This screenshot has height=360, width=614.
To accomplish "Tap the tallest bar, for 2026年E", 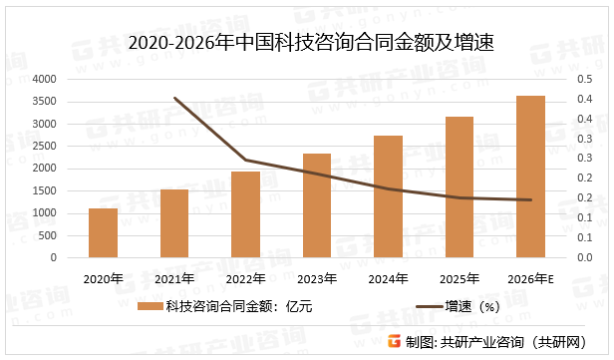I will coord(531,177).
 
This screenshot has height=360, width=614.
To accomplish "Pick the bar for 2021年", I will coord(174,223).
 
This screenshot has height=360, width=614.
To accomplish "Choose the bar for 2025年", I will coord(460,186).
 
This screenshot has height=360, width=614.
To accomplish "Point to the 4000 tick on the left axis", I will coord(43,79).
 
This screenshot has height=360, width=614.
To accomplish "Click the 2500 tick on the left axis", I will coord(43,146).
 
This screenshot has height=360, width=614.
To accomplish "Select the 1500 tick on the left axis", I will coord(43,190).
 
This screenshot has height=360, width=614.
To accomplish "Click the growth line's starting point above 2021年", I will coord(174,98).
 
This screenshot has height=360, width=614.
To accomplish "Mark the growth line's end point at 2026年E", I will coord(531,199).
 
